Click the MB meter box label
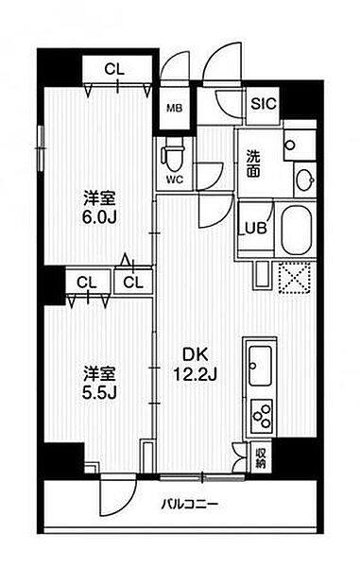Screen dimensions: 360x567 175,108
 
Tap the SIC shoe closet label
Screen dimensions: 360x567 264,104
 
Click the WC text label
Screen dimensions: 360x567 175,180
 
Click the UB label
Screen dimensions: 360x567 256,228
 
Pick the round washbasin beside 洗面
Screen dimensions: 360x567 304,180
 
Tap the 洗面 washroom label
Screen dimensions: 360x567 253,163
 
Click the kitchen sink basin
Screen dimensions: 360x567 260,366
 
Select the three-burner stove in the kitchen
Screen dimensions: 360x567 262,416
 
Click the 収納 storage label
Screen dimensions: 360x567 261,457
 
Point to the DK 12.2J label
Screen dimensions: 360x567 195,365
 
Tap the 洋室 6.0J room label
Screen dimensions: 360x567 99,208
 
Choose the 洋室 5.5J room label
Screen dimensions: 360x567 99,384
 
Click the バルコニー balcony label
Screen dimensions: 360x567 190,504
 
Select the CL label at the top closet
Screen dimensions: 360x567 114,69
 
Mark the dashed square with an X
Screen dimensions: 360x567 296,278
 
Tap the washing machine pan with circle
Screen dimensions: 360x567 300,145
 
